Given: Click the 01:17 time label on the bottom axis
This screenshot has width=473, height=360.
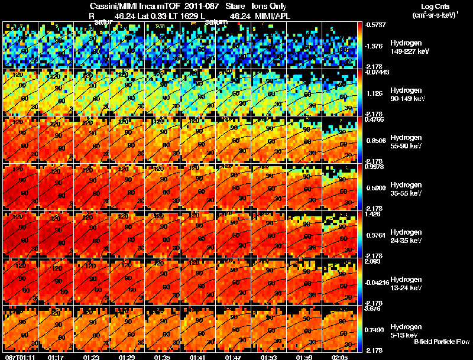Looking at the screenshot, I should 56,356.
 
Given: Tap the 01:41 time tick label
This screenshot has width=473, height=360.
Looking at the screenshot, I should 197,356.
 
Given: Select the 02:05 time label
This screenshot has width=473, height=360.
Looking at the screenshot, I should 339,356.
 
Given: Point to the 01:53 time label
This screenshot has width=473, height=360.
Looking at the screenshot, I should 268,356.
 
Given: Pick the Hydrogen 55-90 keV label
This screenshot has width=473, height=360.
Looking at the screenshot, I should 407,142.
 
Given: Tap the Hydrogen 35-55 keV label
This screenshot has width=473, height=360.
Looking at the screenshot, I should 407,189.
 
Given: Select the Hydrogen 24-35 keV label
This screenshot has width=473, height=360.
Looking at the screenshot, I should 407,236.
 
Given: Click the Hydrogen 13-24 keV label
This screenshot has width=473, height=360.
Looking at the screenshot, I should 407,284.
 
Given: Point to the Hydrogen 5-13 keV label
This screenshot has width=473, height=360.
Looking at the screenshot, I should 406,331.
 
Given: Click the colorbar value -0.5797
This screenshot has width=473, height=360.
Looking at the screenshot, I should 374,24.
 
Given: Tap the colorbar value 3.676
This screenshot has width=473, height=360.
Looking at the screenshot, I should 374,308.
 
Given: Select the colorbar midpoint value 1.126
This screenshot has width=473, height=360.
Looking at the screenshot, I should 374,93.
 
